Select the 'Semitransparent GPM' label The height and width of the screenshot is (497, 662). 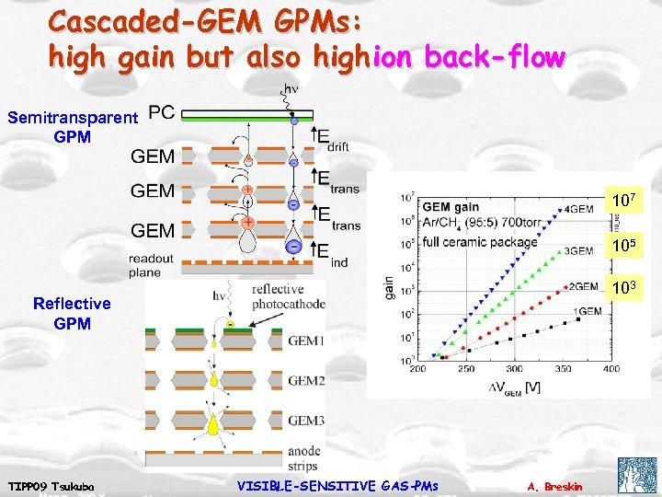coord(72,126)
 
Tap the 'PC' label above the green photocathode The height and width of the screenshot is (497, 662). coord(161,112)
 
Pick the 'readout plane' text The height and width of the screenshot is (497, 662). coord(152,266)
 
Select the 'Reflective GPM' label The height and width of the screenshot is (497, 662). coord(72,313)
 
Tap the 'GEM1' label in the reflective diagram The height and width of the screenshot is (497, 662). coord(306,340)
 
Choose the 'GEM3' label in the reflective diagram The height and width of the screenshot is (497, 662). coord(306,420)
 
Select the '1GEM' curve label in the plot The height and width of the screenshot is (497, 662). coord(588,311)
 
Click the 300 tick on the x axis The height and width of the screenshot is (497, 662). coord(513,369)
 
